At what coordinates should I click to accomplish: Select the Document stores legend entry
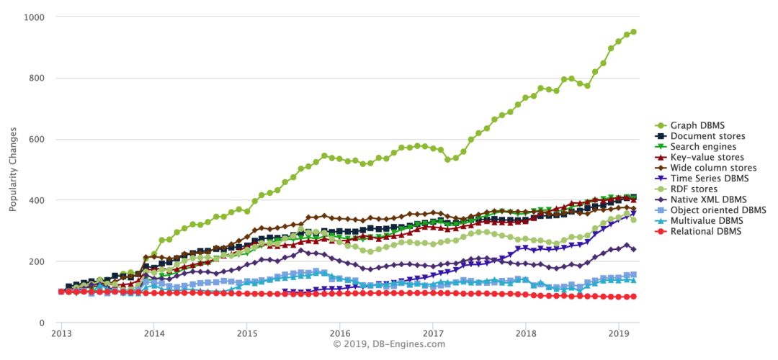pyautogui.click(x=707, y=136)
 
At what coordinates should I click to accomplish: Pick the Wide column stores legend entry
pyautogui.click(x=712, y=168)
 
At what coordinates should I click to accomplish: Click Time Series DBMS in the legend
pyautogui.click(x=710, y=179)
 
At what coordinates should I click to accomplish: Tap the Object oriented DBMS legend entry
pyautogui.click(x=717, y=210)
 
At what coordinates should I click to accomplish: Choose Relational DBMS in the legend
pyautogui.click(x=706, y=231)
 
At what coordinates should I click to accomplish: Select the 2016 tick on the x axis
pyautogui.click(x=340, y=334)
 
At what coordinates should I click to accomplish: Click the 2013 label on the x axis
pyautogui.click(x=61, y=334)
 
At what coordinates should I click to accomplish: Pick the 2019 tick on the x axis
pyautogui.click(x=619, y=334)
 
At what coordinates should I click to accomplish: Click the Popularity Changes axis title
pyautogui.click(x=13, y=170)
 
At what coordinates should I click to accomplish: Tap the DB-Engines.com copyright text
pyautogui.click(x=389, y=344)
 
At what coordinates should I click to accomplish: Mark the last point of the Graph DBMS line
pyautogui.click(x=633, y=32)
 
